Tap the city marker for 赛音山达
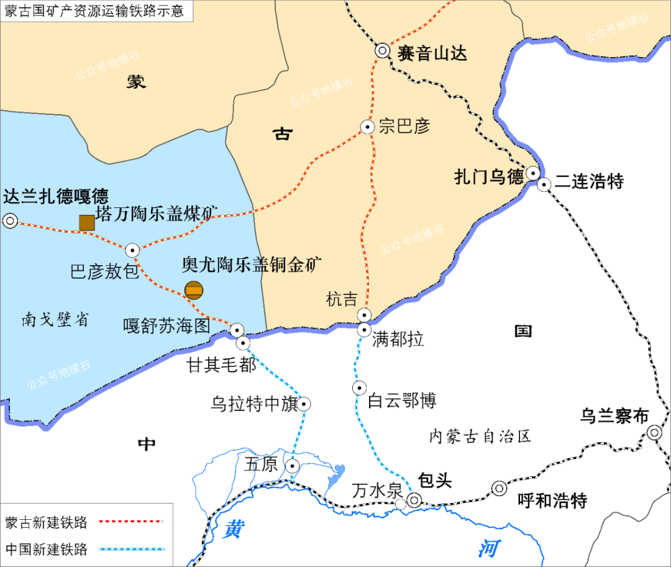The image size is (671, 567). pos(382,52)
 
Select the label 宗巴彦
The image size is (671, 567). pos(404,126)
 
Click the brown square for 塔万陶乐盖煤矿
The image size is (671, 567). pos(86,222)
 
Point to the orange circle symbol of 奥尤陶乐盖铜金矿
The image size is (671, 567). pos(194,290)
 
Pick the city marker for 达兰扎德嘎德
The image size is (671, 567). pos(10,220)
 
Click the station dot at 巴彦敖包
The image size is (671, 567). pos(132,250)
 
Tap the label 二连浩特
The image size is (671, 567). pos(589,181)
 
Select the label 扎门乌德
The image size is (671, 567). pos(489,178)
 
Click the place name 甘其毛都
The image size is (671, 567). pos(222,366)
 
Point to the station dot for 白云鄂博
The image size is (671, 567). pos(359,388)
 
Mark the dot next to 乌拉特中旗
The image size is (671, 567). pos(304,404)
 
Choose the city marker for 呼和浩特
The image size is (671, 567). pos(500,489)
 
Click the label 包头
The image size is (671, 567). pos(435,480)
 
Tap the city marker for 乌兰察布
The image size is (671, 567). pos(654,432)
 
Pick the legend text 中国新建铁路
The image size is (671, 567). pos(46,549)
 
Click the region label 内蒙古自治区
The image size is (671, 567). pos(480,437)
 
